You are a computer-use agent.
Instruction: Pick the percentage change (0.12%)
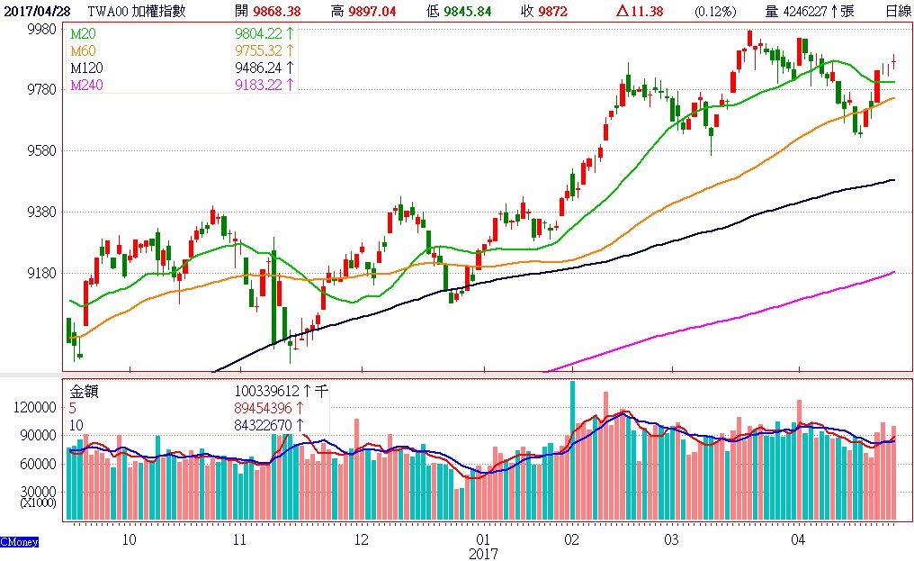[714, 11]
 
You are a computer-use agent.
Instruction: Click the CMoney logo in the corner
[18, 542]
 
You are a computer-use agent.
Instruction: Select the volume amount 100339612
[267, 391]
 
